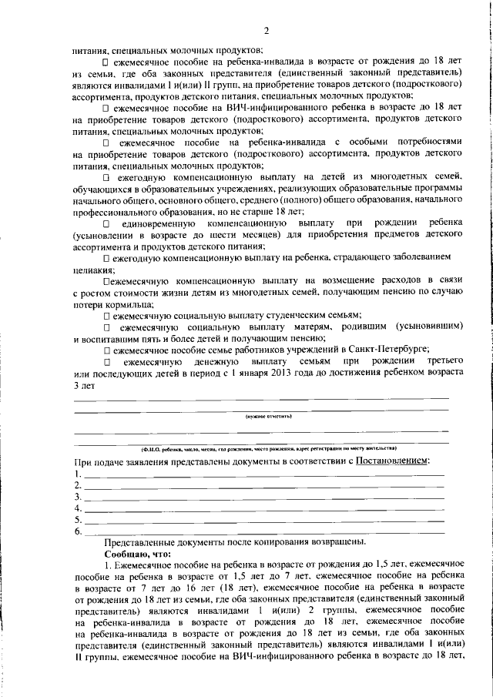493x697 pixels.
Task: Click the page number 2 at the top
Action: (x=264, y=31)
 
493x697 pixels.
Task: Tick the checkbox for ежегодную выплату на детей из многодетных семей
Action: (x=106, y=178)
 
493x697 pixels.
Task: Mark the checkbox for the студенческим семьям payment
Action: (x=106, y=315)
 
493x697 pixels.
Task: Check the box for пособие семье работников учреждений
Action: (x=106, y=349)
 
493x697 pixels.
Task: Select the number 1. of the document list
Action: (x=77, y=474)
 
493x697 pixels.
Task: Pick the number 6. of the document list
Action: (x=77, y=532)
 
